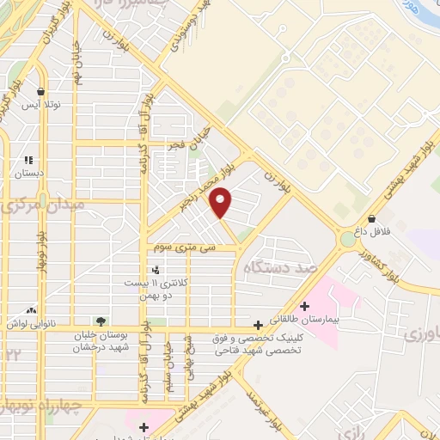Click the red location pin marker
point(222,203)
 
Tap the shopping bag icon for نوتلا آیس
point(40,91)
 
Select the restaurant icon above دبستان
point(28,160)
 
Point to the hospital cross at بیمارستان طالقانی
point(303,306)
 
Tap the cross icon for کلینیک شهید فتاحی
point(258,325)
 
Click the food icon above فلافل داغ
point(371,218)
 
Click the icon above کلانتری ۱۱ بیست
point(155,271)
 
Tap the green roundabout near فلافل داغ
point(347,239)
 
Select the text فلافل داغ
point(379,232)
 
